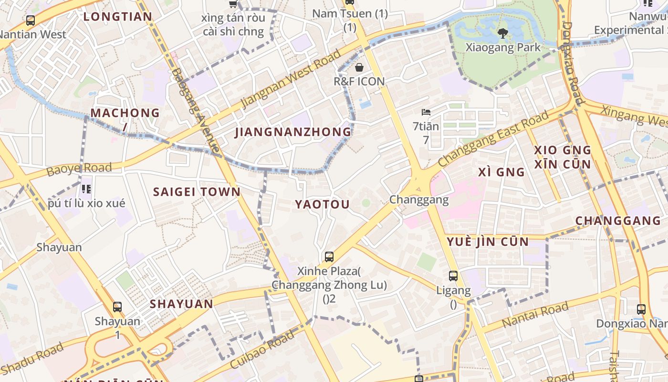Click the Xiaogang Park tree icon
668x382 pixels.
(502, 33)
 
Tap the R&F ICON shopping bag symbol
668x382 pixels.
(359, 67)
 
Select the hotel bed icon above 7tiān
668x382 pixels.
(426, 113)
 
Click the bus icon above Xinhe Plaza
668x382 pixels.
(329, 257)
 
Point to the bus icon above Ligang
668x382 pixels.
(453, 276)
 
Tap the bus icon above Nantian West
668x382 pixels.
(31, 21)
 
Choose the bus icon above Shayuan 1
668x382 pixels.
(117, 307)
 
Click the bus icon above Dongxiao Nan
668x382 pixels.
(641, 309)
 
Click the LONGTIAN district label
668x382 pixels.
(118, 17)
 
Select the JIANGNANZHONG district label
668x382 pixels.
(293, 132)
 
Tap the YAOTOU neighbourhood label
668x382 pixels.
(322, 204)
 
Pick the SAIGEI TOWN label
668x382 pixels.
(197, 192)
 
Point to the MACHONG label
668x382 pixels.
(125, 113)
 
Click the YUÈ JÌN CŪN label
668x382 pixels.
(488, 242)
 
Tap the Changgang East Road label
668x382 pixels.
(493, 139)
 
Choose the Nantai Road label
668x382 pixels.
(535, 314)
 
